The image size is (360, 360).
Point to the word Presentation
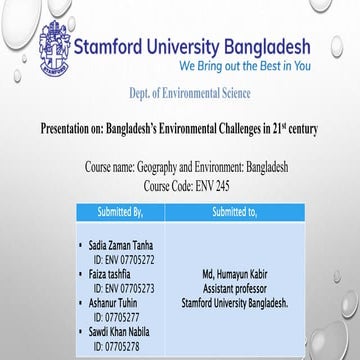pyautogui.click(x=70, y=130)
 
